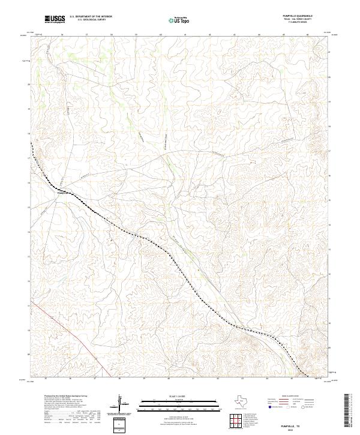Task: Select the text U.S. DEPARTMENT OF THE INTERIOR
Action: [90, 17]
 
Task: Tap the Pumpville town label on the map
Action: [64, 193]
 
